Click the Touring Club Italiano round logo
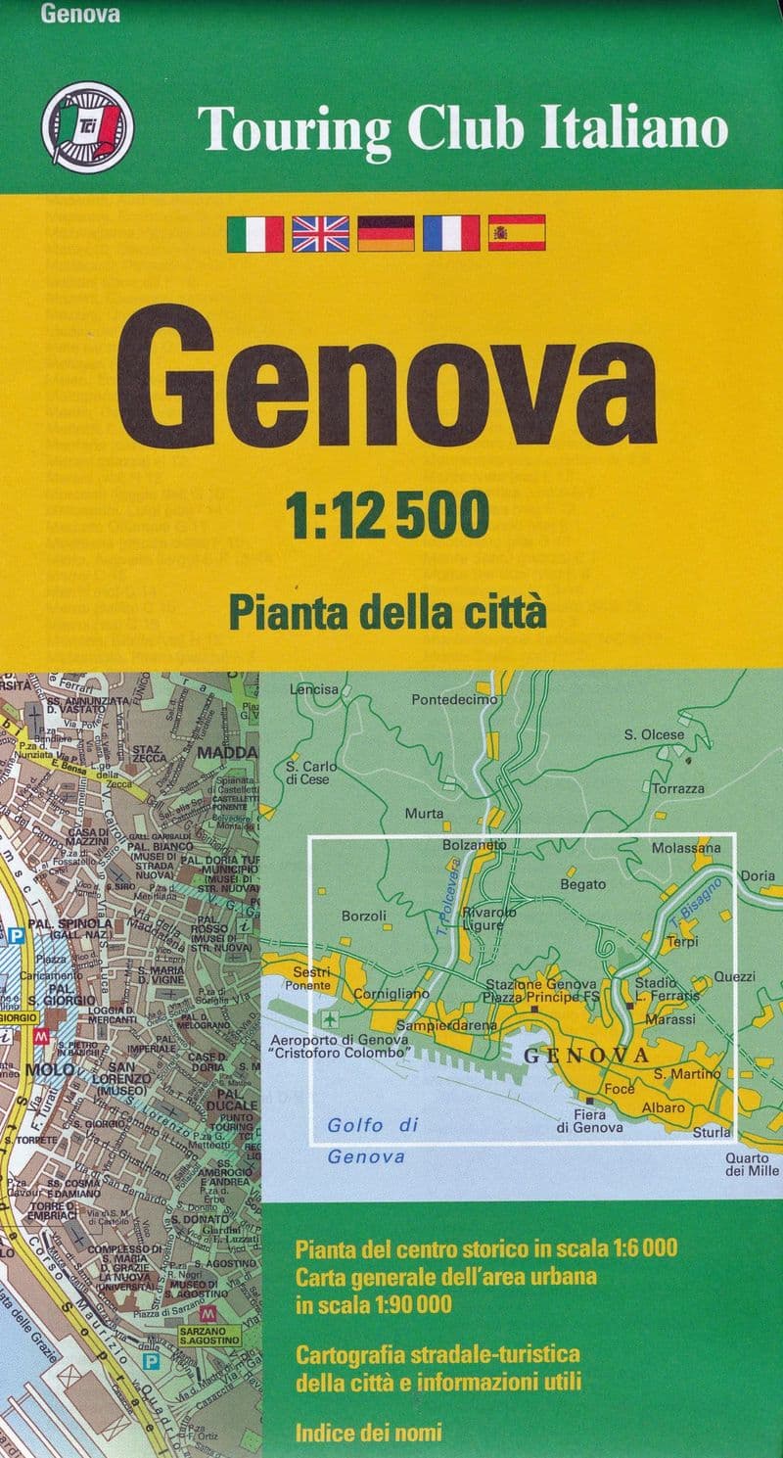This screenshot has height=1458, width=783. tap(87, 125)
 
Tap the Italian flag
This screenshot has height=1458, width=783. tap(255, 233)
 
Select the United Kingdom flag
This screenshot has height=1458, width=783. tap(320, 233)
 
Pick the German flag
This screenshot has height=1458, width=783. tap(386, 233)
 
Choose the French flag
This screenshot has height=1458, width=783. tap(451, 233)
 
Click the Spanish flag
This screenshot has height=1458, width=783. tap(517, 233)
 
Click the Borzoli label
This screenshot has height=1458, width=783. tap(364, 917)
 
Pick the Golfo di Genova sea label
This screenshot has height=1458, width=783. tap(370, 1141)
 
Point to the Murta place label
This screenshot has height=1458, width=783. tap(424, 814)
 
